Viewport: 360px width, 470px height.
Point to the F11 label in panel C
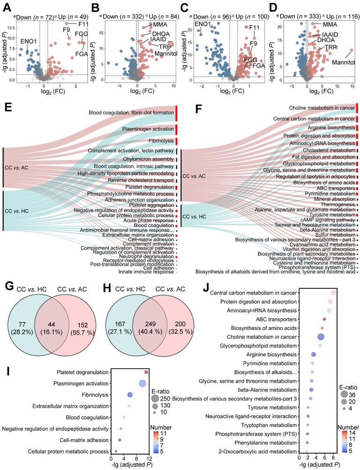[254, 27]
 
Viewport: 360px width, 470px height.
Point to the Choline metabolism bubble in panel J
[321, 337]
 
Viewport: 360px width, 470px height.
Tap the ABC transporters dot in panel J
[324, 319]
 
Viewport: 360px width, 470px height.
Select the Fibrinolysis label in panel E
[159, 141]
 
